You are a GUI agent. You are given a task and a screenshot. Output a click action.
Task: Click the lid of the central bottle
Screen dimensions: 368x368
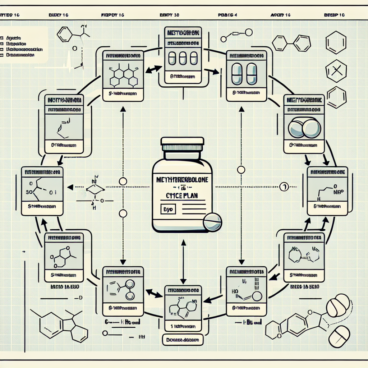(x=183, y=144)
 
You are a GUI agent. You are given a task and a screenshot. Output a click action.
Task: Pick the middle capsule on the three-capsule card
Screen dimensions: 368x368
(x=183, y=59)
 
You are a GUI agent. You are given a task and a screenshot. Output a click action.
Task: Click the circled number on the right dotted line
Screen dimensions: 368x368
(x=284, y=186)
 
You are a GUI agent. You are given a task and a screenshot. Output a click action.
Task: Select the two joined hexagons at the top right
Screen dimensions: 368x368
(x=291, y=43)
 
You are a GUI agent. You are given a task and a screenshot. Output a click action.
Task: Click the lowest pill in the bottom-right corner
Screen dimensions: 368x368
(x=339, y=336)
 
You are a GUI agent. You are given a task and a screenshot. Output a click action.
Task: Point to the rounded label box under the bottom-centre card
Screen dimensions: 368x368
(x=182, y=339)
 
